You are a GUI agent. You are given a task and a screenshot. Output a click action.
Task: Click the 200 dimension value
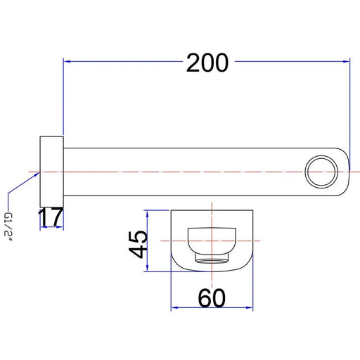point(207,63)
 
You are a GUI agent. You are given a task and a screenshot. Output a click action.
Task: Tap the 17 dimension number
point(51,217)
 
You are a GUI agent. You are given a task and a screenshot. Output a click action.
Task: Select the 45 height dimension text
point(138,244)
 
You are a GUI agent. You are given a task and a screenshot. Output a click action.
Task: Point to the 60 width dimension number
point(212,298)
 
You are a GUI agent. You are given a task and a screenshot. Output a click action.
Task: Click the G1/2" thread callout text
point(8,227)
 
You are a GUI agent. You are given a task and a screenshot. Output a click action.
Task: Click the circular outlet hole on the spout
point(321,172)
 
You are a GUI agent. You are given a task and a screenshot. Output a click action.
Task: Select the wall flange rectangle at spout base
point(51,172)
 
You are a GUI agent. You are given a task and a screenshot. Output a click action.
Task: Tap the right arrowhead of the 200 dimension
point(346,61)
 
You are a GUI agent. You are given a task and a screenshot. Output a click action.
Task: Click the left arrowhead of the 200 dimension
point(67,61)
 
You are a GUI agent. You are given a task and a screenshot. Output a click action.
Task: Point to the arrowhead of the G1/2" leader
point(37,174)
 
